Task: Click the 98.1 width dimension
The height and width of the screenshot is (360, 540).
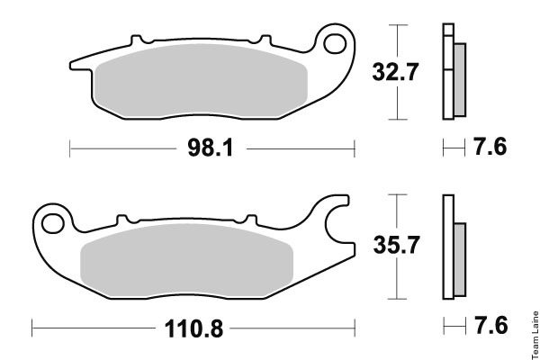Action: click(x=211, y=148)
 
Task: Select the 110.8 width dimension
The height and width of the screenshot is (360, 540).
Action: click(x=193, y=328)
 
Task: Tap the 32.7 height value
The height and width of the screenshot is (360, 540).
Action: click(x=395, y=72)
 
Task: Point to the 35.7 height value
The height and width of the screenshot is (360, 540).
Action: click(x=396, y=245)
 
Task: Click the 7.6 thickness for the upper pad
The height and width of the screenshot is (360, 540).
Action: click(x=490, y=147)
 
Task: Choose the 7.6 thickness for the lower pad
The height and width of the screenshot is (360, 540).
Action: click(x=491, y=326)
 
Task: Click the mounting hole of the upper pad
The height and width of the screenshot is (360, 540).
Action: click(x=335, y=44)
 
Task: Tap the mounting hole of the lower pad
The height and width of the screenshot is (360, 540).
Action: click(x=53, y=223)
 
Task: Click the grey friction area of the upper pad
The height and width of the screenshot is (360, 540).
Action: click(x=201, y=81)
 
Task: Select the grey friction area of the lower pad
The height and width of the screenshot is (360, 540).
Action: click(x=186, y=261)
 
